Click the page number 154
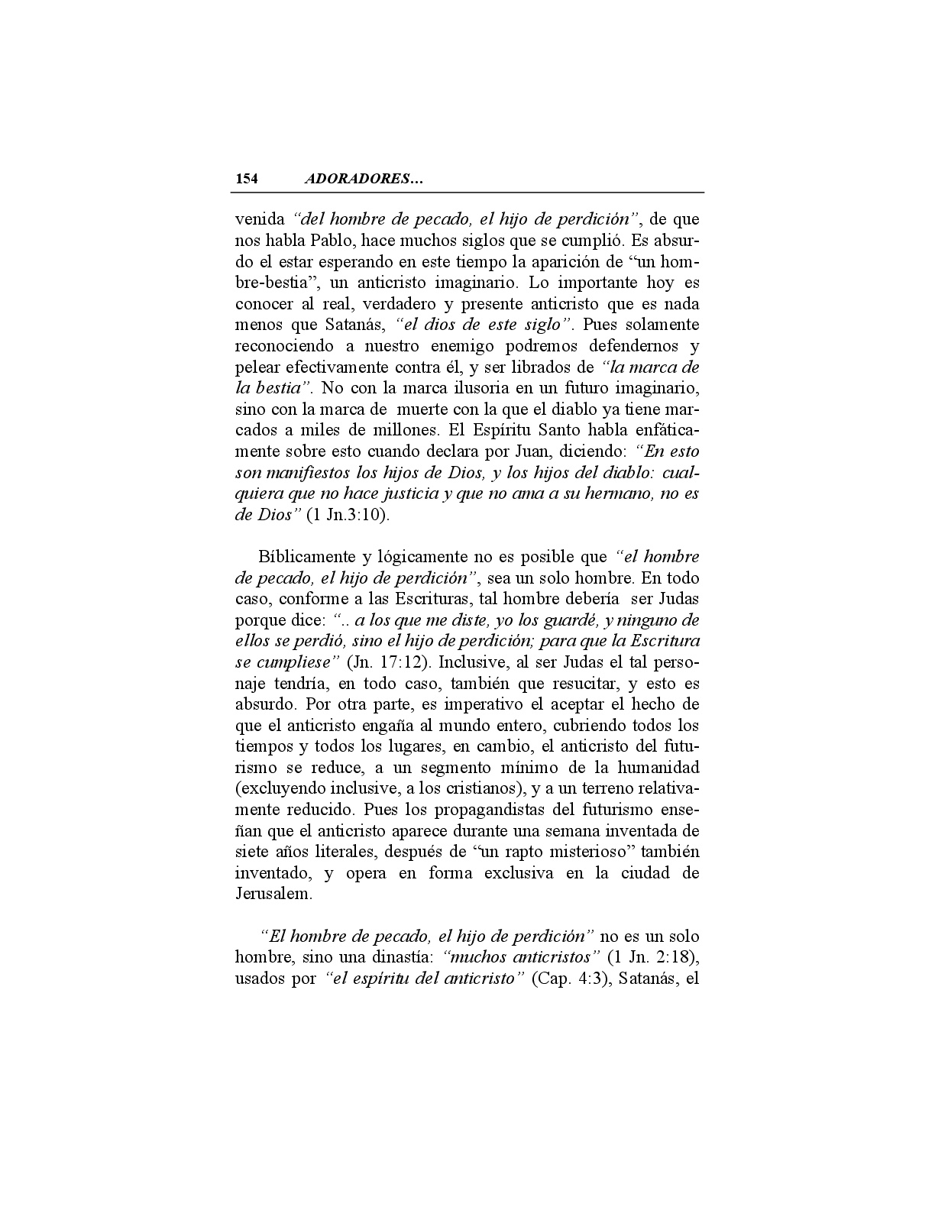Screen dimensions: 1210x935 point(247,180)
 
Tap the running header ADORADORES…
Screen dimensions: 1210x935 point(364,180)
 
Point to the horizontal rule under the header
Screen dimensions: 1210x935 point(468,192)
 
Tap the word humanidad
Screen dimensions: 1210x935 point(659,767)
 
